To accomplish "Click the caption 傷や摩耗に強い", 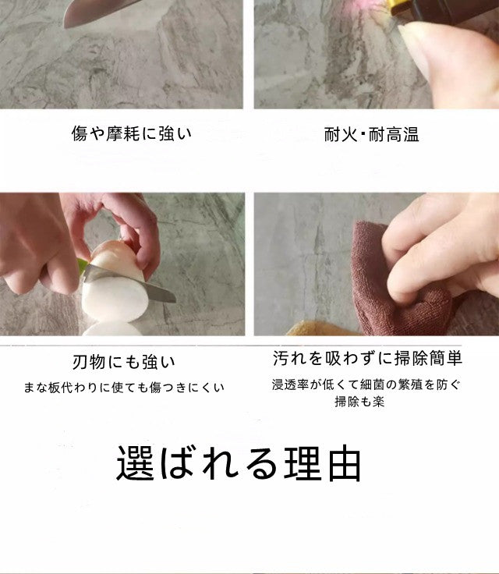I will click(131, 133).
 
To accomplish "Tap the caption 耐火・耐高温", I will click(372, 133).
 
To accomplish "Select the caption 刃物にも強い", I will click(124, 362).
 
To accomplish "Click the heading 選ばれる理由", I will click(239, 463).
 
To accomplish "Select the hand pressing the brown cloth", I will click(444, 250).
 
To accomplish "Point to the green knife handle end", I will click(83, 266).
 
